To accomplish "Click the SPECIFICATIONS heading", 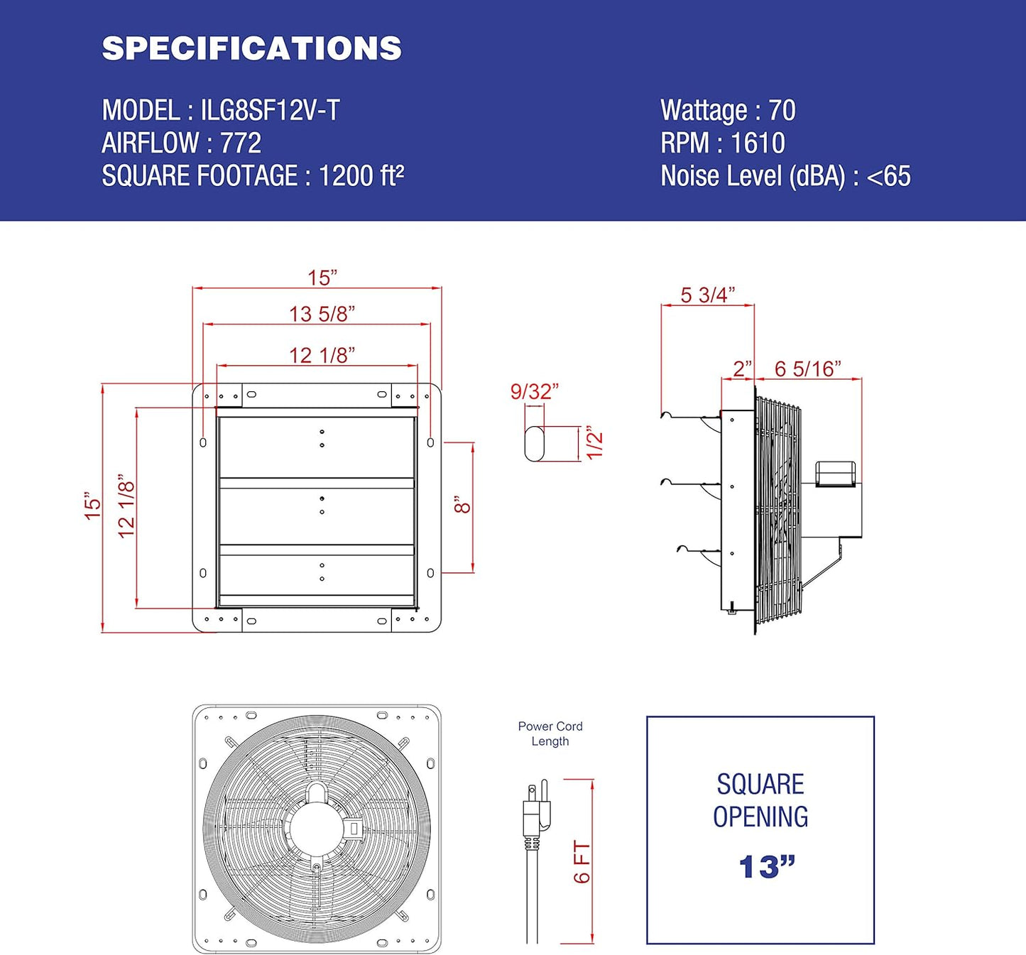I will [251, 48].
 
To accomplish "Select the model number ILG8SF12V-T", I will [270, 111].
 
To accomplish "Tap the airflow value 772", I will [241, 143].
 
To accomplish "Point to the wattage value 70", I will [782, 111].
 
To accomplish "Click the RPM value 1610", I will [758, 143].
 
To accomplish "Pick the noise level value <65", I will [888, 176].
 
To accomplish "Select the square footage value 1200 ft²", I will [361, 176].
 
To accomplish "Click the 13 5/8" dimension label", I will [322, 314].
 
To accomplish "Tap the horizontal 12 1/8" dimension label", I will [322, 355].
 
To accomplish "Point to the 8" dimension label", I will [462, 505].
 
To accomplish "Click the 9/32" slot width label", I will [534, 391].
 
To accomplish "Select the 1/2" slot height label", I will [595, 444].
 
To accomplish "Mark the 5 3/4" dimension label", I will [707, 295].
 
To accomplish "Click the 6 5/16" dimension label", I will [807, 369].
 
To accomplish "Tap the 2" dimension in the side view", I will [742, 369].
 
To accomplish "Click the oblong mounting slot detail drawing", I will [534, 444].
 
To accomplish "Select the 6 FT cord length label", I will [582, 862].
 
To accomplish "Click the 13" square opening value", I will [766, 867].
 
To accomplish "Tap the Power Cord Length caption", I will [550, 733].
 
